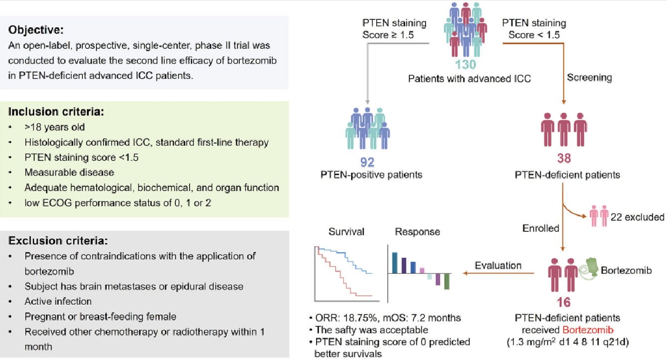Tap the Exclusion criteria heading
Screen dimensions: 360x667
tap(58, 240)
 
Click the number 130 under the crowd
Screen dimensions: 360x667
tap(465, 65)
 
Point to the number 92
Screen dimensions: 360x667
tap(368, 162)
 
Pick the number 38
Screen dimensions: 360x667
tap(565, 159)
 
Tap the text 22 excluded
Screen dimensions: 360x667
tap(637, 217)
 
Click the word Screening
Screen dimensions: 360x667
tap(590, 77)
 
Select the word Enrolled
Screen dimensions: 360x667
tap(541, 228)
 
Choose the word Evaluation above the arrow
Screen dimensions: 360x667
tap(498, 265)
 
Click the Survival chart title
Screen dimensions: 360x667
tap(346, 232)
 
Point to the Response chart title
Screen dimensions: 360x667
tap(417, 232)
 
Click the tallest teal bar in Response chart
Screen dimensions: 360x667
tap(395, 263)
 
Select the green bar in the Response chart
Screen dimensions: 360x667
tap(447, 282)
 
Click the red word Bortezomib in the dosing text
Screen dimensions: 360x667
tap(582, 331)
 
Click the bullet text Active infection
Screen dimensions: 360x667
tap(58, 301)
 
